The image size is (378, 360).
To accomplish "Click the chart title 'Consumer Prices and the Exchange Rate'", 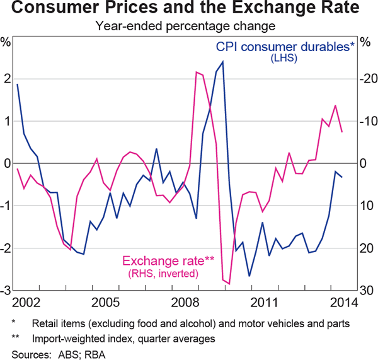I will pos(189,9).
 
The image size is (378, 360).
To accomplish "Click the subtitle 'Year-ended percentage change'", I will pos(188,26).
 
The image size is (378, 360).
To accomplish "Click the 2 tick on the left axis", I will pos(8,79).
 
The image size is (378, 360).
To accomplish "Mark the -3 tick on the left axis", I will pos(6,291).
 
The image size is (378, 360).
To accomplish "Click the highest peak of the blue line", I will pos(223,62).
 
